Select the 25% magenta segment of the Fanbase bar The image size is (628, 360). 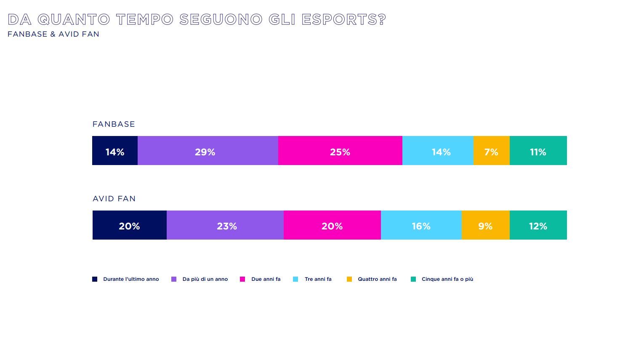click(340, 151)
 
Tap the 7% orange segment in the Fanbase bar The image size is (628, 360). click(491, 151)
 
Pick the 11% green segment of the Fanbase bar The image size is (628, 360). click(538, 151)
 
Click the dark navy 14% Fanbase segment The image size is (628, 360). click(115, 151)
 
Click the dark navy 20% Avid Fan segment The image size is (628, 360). click(130, 225)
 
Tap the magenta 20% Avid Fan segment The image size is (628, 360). click(332, 225)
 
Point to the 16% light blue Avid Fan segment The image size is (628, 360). click(421, 225)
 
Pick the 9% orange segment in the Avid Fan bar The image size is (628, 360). click(485, 225)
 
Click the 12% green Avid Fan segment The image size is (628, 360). click(538, 225)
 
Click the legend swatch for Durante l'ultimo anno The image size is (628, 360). click(95, 279)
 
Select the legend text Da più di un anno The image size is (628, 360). click(205, 279)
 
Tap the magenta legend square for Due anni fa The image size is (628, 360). click(242, 279)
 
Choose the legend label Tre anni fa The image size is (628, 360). click(318, 279)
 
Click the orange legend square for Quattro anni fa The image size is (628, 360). click(349, 279)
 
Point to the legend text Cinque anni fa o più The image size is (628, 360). click(447, 279)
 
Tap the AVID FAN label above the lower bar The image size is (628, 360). click(114, 199)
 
